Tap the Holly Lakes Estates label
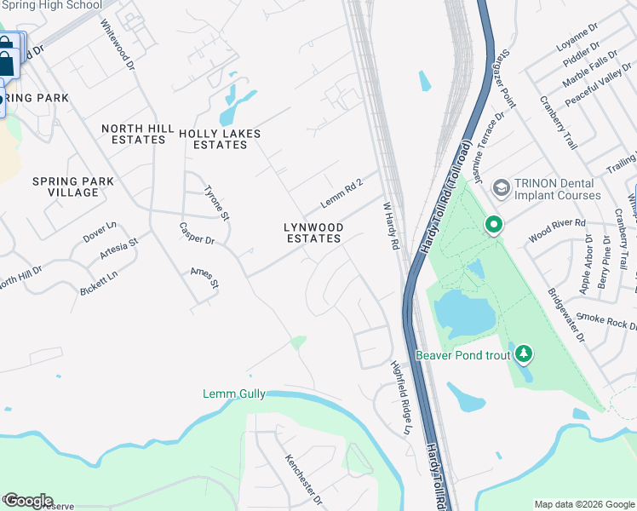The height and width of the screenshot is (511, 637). pos(220,139)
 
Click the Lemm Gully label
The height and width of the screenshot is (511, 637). pos(234,393)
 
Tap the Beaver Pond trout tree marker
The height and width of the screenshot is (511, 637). pos(525,353)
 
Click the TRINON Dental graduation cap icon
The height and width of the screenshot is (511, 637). pos(501,187)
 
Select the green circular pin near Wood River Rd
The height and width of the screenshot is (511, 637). pos(493,225)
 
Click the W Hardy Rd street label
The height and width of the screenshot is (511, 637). pos(391,226)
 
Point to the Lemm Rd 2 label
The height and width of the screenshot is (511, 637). pos(341,193)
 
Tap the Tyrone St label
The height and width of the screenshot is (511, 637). pos(216,204)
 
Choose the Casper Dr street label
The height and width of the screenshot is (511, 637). pos(196,233)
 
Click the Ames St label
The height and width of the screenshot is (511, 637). pos(204,277)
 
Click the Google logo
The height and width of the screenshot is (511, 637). pos(28,501)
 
